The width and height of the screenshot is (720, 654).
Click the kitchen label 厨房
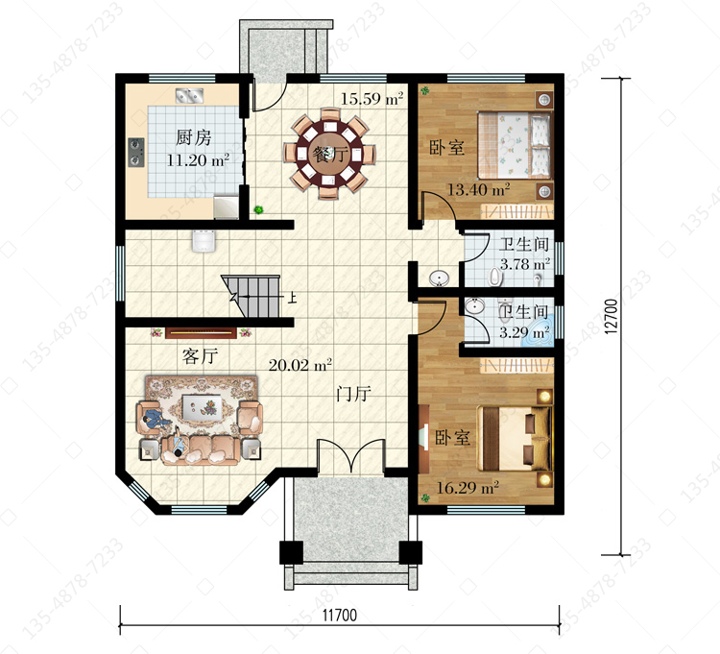pos(193,137)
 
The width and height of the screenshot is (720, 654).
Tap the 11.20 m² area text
pos(198,159)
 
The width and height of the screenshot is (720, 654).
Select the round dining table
pos(330,154)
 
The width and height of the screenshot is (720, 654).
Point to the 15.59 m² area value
pos(372,98)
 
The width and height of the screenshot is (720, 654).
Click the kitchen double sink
pos(190,95)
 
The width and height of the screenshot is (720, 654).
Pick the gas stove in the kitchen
pos(136,152)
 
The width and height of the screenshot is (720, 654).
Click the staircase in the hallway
pos(251,296)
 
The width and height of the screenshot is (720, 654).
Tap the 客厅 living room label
pos(200,356)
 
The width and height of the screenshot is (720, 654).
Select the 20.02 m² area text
pos(300,365)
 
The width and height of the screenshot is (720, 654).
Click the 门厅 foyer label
pos(353,394)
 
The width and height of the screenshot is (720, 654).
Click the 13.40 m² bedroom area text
pos(478,189)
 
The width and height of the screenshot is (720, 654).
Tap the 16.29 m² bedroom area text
pos(468,487)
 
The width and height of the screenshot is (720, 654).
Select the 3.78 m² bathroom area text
pos(525,264)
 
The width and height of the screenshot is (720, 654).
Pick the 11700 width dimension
pos(339,615)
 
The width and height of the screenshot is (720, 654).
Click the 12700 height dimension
pos(612,316)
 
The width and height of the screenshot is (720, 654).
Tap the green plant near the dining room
pos(259,210)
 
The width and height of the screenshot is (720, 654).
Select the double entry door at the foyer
pos(350,456)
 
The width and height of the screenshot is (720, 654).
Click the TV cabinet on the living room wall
pos(202,332)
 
